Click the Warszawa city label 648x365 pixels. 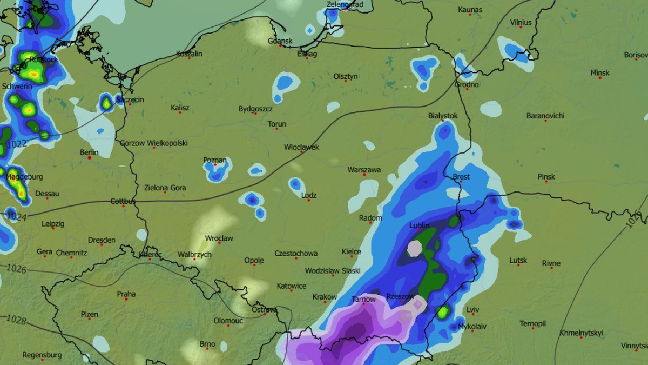pyautogui.click(x=364, y=170)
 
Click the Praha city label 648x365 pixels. pyautogui.click(x=126, y=294)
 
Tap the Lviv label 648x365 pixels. pyautogui.click(x=473, y=310)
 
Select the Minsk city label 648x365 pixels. pyautogui.click(x=599, y=72)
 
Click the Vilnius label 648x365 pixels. pyautogui.click(x=521, y=22)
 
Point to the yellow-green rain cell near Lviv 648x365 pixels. pyautogui.click(x=443, y=312)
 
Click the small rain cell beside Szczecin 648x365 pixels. pyautogui.click(x=106, y=102)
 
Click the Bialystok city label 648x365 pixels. pyautogui.click(x=443, y=116)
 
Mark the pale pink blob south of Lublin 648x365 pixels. pyautogui.click(x=414, y=248)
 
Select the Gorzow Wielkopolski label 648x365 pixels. pyautogui.click(x=153, y=143)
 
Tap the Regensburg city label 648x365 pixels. pyautogui.click(x=42, y=355)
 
